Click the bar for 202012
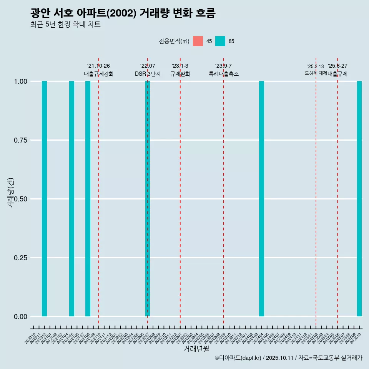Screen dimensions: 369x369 point(44,199)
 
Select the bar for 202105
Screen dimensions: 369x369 point(71,199)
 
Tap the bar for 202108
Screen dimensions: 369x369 point(88,199)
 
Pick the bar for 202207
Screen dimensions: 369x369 point(148,199)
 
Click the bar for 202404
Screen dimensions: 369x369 point(261,199)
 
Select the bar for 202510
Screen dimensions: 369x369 point(359,199)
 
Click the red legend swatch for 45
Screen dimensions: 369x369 point(198,41)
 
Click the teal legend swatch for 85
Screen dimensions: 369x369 point(220,41)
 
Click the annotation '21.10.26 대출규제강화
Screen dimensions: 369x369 point(98,70)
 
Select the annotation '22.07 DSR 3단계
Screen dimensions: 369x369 point(148,70)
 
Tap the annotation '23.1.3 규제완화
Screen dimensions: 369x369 point(180,70)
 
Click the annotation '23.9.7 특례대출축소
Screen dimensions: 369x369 point(223,70)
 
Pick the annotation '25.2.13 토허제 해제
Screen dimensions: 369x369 point(316,70)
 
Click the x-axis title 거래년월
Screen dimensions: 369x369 point(196,349)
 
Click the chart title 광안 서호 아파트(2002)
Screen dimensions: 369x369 point(123,13)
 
